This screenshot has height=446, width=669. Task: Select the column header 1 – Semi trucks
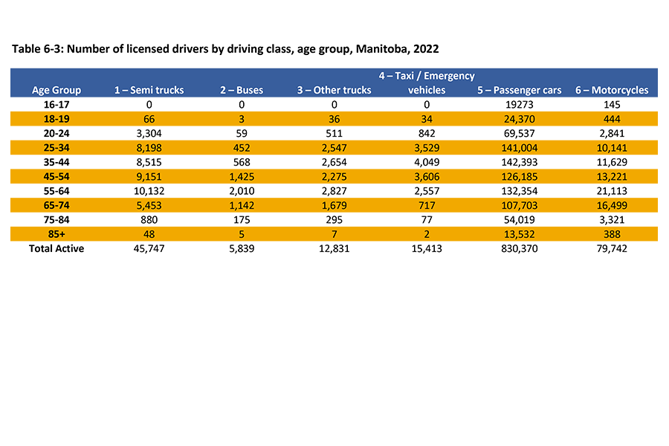(149, 90)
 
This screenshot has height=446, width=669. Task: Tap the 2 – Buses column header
(242, 90)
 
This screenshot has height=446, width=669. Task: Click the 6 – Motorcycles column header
(612, 90)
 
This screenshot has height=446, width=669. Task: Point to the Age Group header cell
(56, 90)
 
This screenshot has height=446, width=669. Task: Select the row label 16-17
(56, 105)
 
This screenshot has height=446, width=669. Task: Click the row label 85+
(56, 235)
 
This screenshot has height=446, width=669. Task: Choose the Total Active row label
(56, 249)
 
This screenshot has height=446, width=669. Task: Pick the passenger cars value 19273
(520, 105)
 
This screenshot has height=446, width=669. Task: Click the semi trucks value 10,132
(149, 191)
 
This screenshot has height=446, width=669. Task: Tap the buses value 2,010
(242, 191)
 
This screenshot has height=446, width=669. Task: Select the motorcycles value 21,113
(612, 191)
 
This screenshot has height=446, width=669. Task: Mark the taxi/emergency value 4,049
(427, 163)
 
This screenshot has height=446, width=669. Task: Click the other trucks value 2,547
(334, 148)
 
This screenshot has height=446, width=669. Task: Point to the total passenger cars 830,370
(520, 249)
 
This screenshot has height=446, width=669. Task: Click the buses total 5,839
(242, 249)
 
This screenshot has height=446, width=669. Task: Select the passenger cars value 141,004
(520, 148)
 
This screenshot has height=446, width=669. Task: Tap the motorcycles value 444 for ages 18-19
(612, 119)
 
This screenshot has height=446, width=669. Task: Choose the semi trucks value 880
(149, 220)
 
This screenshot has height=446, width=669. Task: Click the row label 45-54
(56, 177)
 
